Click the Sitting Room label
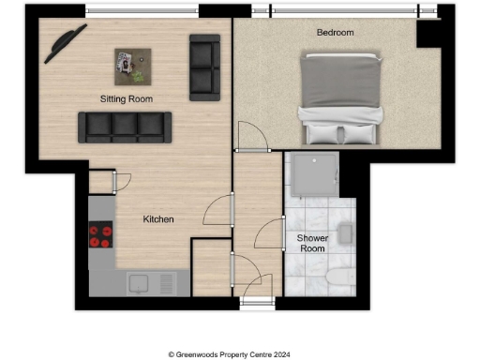127,98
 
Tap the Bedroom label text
335,32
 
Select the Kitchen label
158,219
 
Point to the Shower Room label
311,243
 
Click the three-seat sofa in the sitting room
125,127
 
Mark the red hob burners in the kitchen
99,236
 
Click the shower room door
272,232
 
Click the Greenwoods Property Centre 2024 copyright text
239,353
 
